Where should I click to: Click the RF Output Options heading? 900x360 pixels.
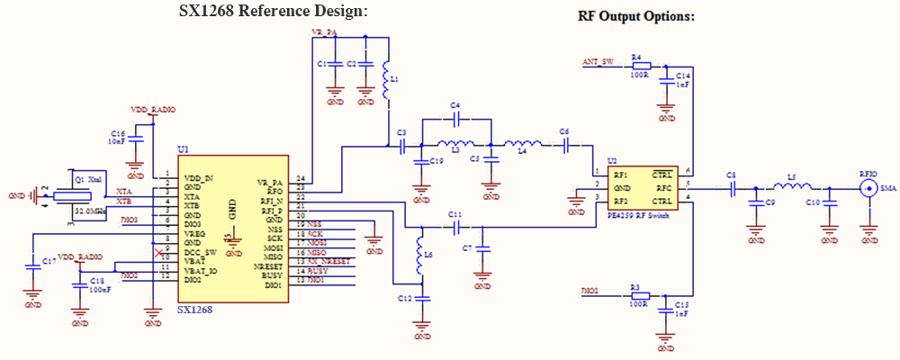(635, 16)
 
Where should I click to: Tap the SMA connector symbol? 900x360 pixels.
(869, 188)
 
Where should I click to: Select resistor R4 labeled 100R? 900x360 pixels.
(640, 66)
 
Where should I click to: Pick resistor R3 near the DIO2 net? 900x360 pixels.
(638, 292)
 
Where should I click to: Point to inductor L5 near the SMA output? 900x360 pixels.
(792, 187)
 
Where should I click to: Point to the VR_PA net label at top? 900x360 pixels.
(324, 33)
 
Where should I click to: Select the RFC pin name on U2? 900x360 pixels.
(664, 188)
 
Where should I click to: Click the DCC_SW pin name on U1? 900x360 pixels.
(201, 253)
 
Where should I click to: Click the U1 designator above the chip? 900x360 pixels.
(184, 148)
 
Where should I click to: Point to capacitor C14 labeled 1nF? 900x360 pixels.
(667, 82)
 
